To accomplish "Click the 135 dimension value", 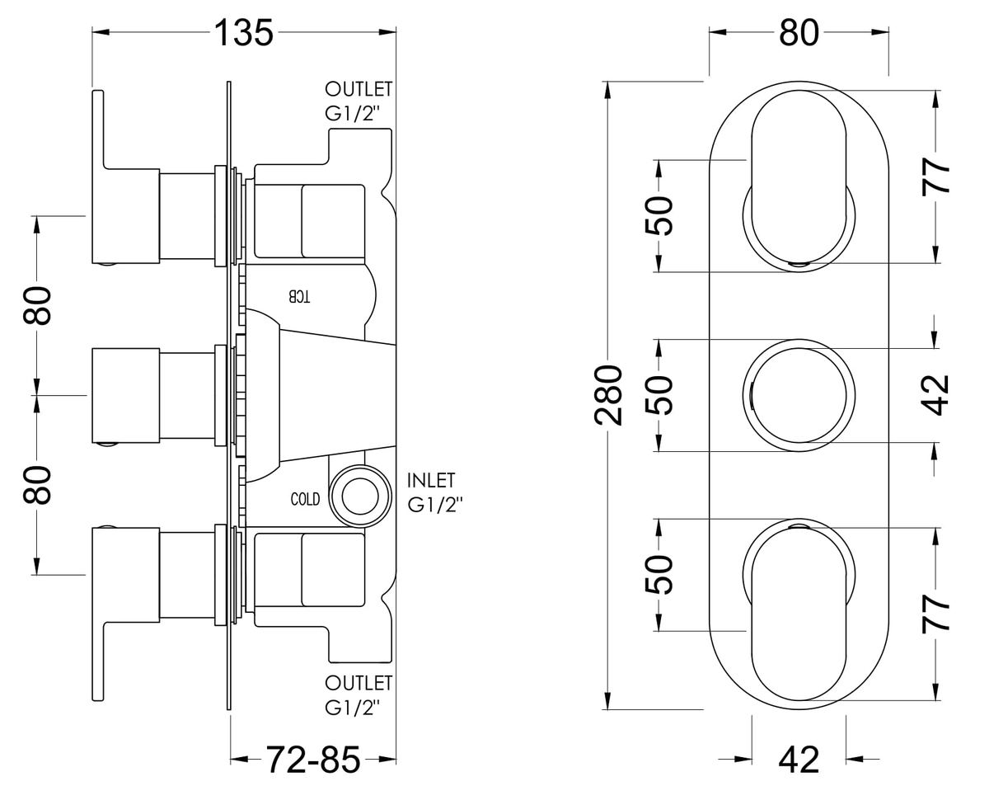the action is [244, 33].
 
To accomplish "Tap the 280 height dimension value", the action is [607, 395].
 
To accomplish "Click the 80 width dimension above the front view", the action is [799, 33].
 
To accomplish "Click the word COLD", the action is [305, 499].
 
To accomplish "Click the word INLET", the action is [431, 480].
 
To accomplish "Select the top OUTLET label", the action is [359, 89].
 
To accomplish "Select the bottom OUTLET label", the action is [359, 683].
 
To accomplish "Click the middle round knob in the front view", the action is [799, 395].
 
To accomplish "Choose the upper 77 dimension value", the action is [935, 176].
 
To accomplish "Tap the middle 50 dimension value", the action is [659, 395].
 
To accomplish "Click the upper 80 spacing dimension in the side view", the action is [37, 306].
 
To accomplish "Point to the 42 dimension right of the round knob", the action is [935, 395].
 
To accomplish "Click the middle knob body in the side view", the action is [126, 395].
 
